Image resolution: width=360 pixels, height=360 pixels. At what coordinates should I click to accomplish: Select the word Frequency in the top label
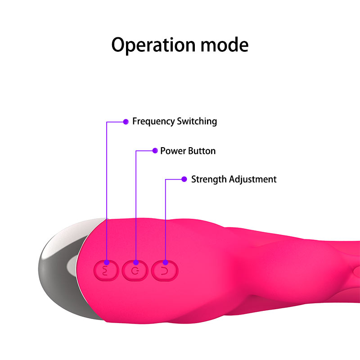(153, 121)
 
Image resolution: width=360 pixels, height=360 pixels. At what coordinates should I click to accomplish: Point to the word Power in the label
(172, 151)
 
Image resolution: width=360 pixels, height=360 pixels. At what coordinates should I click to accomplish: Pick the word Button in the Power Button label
(201, 151)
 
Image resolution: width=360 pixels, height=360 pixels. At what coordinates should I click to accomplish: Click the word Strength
(209, 179)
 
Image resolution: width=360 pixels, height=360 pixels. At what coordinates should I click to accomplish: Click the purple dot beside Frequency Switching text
(126, 121)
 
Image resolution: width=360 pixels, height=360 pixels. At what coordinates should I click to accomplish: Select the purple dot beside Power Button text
(155, 151)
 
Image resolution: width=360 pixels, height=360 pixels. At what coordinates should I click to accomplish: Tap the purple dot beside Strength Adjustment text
(184, 179)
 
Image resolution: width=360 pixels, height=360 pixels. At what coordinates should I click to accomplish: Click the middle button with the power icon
(135, 270)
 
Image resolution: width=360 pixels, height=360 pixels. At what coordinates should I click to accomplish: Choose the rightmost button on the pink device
(165, 270)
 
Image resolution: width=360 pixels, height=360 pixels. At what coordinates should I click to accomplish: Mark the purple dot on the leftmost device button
(107, 262)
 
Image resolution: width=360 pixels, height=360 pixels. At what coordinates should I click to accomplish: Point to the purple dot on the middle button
(136, 262)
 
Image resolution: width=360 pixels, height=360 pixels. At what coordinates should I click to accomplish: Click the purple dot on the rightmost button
(165, 262)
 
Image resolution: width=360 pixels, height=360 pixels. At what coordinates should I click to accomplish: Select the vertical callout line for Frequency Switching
(107, 189)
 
